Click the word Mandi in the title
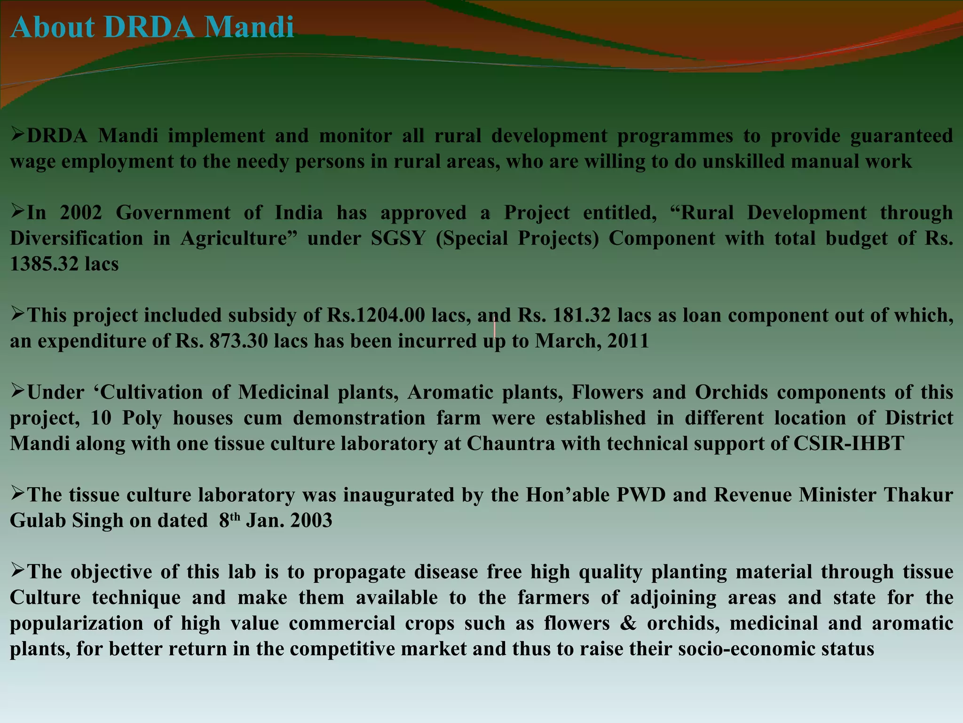coord(249,27)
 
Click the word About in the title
coord(52,27)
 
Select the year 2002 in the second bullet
coord(81,213)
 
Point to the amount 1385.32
coord(44,264)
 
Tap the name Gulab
coord(37,521)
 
